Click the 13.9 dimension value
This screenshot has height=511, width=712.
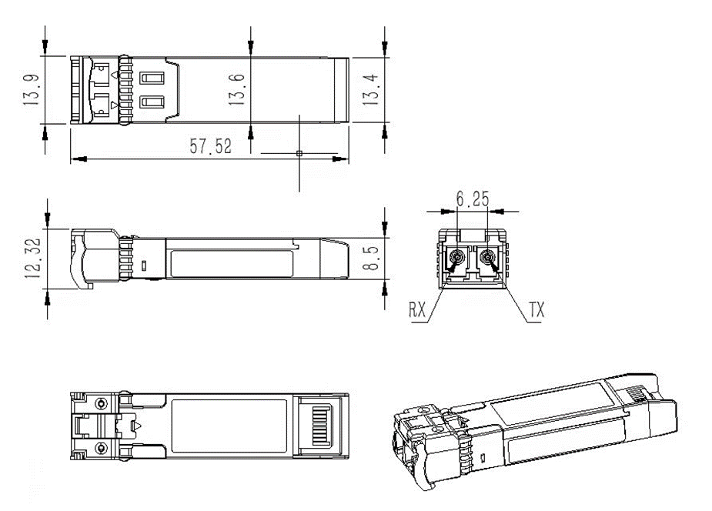point(32,90)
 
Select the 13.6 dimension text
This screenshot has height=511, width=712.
point(237,90)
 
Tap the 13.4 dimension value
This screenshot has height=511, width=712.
point(370,90)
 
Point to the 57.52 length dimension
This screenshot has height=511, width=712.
point(210,145)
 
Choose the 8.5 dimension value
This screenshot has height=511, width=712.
point(373,259)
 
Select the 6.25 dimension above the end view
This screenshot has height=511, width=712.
point(473,199)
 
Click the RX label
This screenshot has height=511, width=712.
point(418,309)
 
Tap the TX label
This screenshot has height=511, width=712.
point(537,310)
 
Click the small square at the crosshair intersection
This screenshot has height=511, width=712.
point(299,153)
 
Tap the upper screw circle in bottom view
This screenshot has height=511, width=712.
point(101,403)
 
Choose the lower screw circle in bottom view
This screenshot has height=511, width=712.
point(101,449)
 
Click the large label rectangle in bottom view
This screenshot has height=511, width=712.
point(229,426)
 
